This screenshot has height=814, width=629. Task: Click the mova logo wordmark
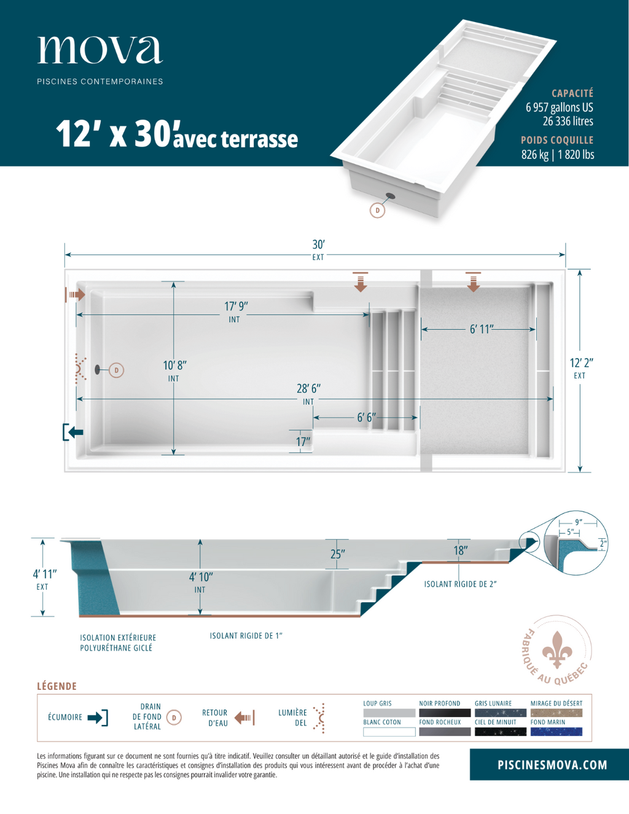pos(100,50)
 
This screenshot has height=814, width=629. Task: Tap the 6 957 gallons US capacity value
pos(560,108)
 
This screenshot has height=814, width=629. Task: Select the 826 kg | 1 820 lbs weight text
pos(558,154)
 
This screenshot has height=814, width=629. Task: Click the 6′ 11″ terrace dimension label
pos(482,329)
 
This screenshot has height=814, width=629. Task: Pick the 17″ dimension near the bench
pos(303,442)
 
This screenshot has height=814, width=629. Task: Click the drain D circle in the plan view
pos(117,370)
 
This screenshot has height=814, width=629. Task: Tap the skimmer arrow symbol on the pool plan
pos(73,432)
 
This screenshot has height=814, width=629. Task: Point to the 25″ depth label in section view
pos(338,554)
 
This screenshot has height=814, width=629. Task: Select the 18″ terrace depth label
pos(461,550)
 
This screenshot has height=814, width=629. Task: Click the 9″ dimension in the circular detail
pos(579,522)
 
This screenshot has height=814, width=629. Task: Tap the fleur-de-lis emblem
pos(557,649)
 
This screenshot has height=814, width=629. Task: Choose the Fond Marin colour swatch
pos(557,732)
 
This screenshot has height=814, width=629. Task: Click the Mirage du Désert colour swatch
pos(557,713)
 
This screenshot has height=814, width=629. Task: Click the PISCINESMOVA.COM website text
pos(552,765)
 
